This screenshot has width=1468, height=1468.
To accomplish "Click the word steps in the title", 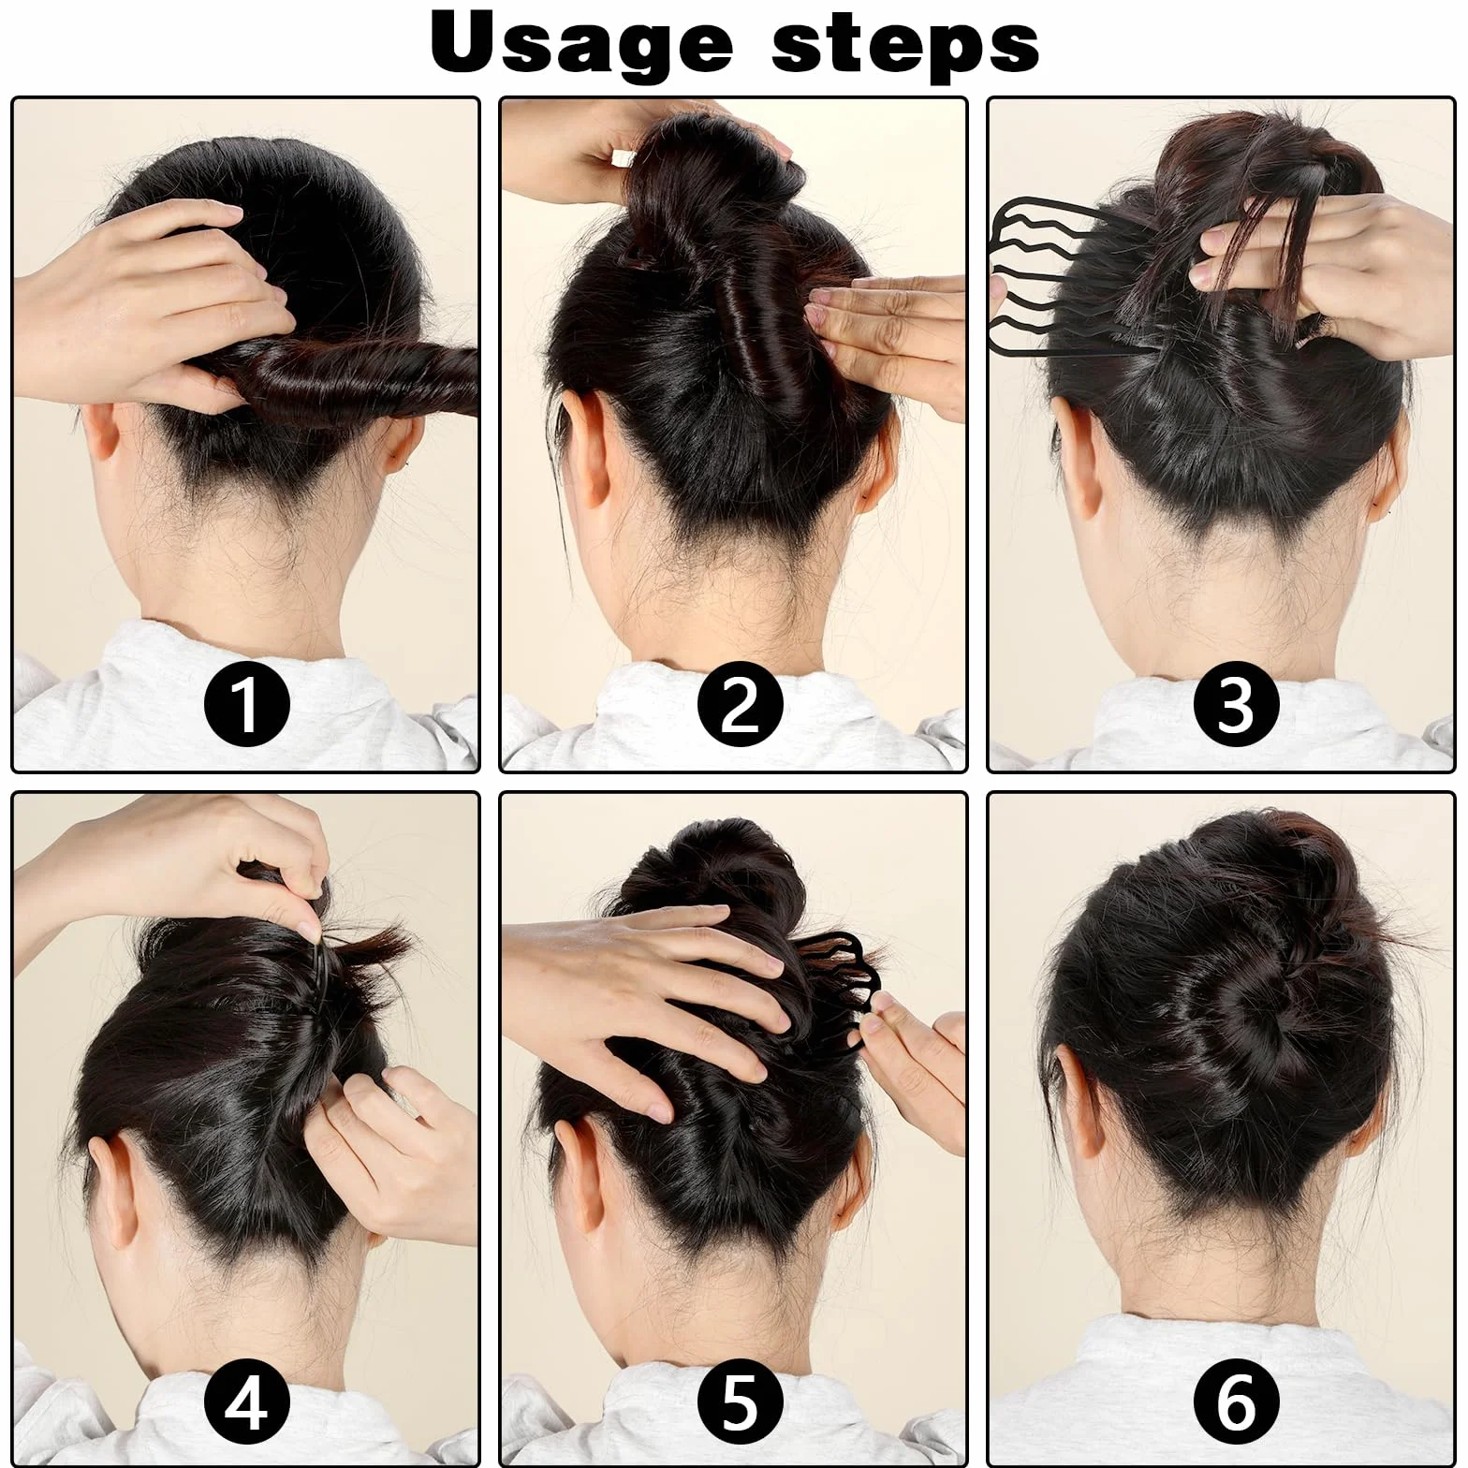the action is coord(905,42).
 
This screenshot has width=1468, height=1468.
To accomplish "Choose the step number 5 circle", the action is coord(740,1402).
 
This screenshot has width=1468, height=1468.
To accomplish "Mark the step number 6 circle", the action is coord(1236,1402).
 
